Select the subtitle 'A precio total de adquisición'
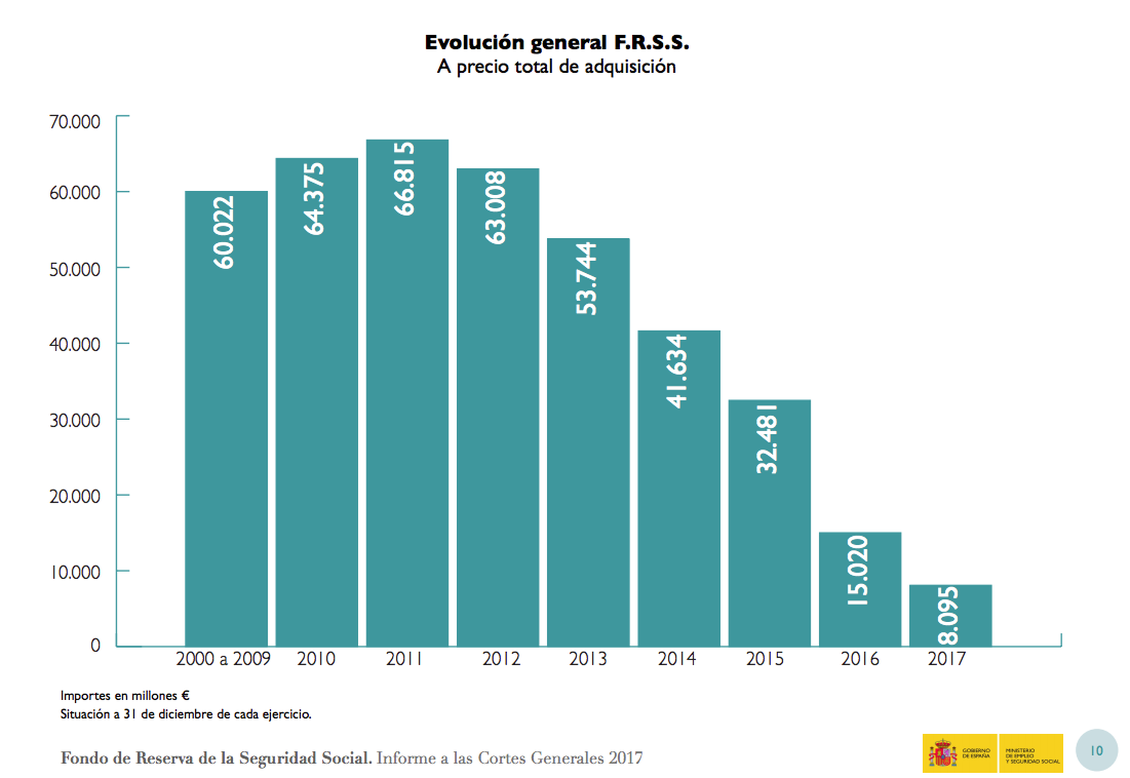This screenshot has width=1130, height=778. [x=556, y=67]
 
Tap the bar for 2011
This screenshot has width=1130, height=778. [x=407, y=414]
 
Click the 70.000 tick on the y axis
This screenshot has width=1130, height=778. [x=74, y=122]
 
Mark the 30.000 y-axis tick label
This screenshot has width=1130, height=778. [x=74, y=420]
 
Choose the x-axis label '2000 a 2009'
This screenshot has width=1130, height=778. [x=223, y=659]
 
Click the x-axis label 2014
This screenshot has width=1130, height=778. [x=677, y=659]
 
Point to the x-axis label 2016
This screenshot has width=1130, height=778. [x=860, y=659]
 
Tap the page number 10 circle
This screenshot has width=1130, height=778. [x=1096, y=751]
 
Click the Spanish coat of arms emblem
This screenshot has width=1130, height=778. [x=942, y=753]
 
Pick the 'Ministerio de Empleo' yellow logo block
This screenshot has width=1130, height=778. [x=1031, y=753]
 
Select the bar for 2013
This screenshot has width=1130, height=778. [x=588, y=463]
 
